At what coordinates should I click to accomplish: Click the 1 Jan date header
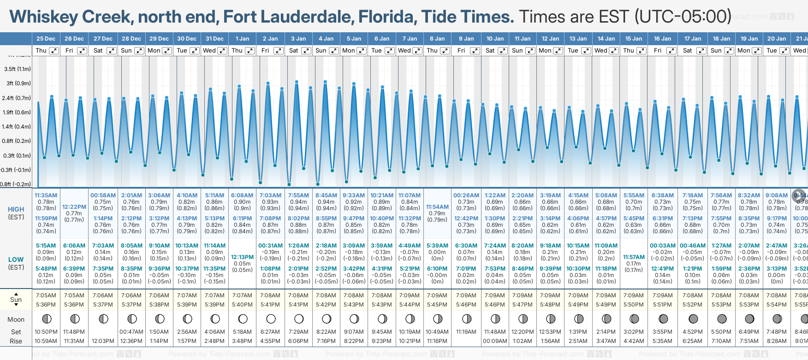point(242,39)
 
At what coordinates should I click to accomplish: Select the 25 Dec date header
point(46,39)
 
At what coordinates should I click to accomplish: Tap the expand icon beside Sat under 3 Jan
point(306,51)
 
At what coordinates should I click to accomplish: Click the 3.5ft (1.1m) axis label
point(18,69)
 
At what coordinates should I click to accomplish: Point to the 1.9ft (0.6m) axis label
point(17,112)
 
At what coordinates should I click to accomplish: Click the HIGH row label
point(16,209)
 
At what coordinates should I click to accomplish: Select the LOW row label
point(16,260)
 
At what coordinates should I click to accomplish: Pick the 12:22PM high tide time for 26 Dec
point(74,207)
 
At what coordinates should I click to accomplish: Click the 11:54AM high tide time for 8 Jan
point(437,207)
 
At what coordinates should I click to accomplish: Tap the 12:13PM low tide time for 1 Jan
point(242,257)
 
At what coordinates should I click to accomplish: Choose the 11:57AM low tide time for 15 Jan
point(634,257)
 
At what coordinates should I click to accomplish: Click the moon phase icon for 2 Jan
point(271,319)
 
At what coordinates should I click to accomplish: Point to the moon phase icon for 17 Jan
point(693,319)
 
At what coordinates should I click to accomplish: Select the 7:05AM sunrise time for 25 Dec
point(46,295)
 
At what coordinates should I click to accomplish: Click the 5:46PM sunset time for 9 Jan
point(466,305)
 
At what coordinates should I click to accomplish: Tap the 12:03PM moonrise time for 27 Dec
point(103,341)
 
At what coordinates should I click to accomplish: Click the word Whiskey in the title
point(44,17)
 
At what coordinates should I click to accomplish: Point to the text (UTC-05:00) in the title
point(683,17)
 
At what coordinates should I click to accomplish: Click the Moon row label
point(16,319)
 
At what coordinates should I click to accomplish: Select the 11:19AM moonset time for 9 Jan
point(466,332)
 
